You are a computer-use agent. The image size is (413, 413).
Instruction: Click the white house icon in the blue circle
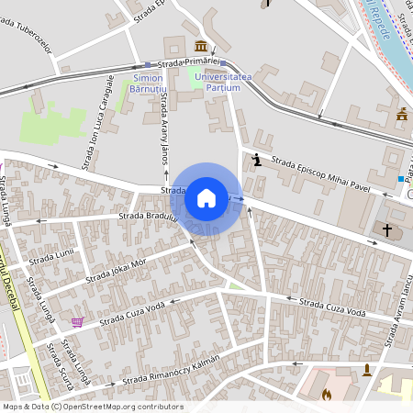pos(206,197)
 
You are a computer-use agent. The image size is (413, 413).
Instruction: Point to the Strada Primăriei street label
pos(190,61)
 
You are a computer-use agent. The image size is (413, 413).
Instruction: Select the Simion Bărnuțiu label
pos(146,84)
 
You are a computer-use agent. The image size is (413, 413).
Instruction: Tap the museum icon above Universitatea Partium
pos(201,46)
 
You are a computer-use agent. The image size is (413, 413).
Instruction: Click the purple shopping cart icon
pos(77,322)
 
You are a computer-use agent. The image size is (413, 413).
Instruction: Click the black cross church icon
pos(387,229)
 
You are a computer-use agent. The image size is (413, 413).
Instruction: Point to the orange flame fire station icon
pos(327,396)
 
